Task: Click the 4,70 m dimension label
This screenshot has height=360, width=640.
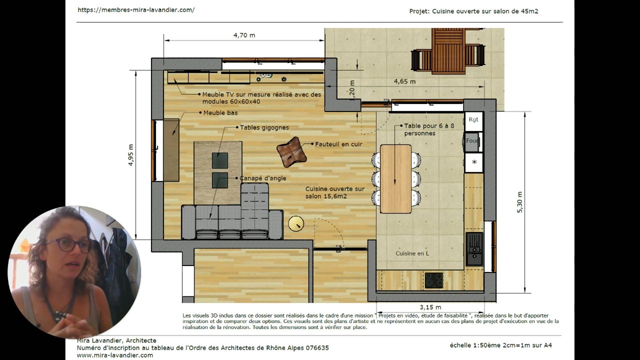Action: pos(244,35)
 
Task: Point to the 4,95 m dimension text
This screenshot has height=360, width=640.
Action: pos(131,155)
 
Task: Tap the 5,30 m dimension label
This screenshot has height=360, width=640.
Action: pos(519,202)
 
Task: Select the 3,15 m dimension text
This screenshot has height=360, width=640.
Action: pos(430,307)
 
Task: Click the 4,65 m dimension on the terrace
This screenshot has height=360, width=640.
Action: pos(405,81)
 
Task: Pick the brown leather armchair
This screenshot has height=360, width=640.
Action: pos(291,152)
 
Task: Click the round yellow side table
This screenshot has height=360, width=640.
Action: pos(296,223)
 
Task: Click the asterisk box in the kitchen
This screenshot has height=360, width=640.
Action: pos(474,162)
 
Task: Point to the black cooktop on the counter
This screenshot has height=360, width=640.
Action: pos(434,280)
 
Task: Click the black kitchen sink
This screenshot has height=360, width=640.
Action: pos(474,249)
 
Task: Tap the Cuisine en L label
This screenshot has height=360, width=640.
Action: pos(412,253)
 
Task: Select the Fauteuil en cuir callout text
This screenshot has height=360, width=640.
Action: pos(338,144)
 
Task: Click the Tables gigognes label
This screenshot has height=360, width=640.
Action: pos(264,127)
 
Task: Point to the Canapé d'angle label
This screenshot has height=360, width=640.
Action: pos(262,178)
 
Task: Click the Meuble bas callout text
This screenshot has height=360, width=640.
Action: pos(220,113)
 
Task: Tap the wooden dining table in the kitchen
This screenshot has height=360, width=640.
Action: pos(395,179)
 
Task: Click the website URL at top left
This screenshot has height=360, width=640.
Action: pos(136,10)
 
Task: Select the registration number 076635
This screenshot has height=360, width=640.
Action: pos(317,348)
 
